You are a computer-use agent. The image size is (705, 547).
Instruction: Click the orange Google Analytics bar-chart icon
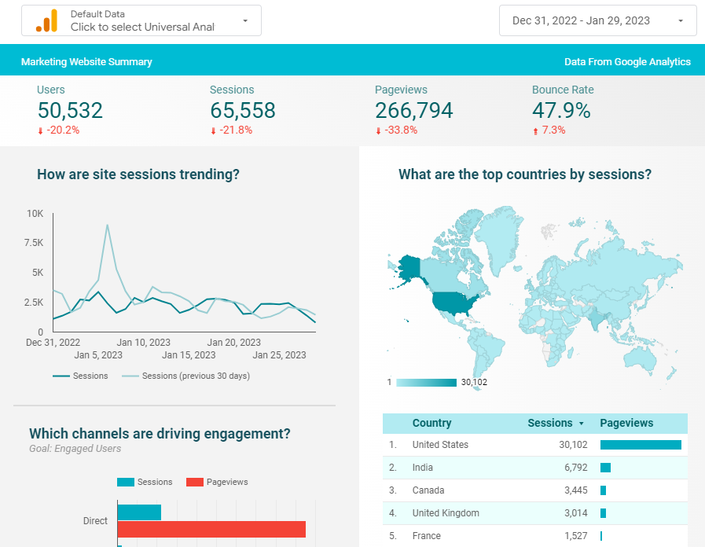coord(46,21)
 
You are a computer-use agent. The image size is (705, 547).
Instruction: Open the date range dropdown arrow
coord(681,21)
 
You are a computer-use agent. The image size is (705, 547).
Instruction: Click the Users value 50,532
coord(70,111)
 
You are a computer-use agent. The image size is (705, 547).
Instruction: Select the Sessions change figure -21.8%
coord(235,130)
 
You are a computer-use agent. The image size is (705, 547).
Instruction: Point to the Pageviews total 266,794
coord(413,111)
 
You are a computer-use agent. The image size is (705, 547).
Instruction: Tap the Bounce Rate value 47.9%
coord(560,111)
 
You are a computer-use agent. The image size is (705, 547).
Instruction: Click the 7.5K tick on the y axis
coord(34,243)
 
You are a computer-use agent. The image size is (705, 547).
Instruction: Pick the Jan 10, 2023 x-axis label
coord(143,343)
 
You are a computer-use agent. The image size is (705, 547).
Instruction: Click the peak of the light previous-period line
coord(107,226)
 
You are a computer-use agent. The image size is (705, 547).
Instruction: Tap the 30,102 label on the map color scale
coord(475,383)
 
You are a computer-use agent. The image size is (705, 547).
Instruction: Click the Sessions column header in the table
coord(550,423)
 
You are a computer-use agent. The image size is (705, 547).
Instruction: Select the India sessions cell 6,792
coord(571,468)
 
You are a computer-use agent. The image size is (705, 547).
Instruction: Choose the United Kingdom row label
coord(446,513)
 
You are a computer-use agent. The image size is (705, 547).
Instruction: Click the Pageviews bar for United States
coord(641,445)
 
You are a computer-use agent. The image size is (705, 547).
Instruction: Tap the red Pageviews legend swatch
coord(194,482)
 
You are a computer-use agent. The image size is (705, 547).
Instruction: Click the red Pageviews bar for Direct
coord(211,530)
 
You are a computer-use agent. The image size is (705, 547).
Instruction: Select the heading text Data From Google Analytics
coord(627,62)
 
